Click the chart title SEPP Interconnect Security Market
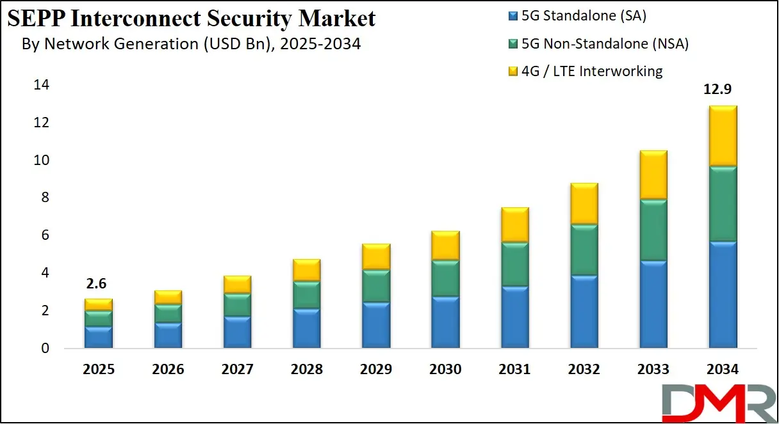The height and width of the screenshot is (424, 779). [x=192, y=19]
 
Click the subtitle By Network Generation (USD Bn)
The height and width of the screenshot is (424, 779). [x=191, y=44]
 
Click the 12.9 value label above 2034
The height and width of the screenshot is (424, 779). [x=722, y=90]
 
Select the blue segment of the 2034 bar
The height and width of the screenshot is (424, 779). [x=722, y=295]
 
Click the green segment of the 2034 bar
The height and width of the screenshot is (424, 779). [x=722, y=203]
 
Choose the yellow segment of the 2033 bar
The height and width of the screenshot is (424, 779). [x=653, y=175]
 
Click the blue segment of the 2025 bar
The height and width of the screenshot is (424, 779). [x=98, y=337]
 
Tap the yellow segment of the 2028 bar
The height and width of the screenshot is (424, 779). [x=306, y=270]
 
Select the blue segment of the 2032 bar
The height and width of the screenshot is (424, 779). [x=584, y=312]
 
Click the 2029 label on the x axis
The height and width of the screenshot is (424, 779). [x=376, y=370]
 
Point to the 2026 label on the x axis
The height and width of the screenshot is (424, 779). [x=168, y=370]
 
